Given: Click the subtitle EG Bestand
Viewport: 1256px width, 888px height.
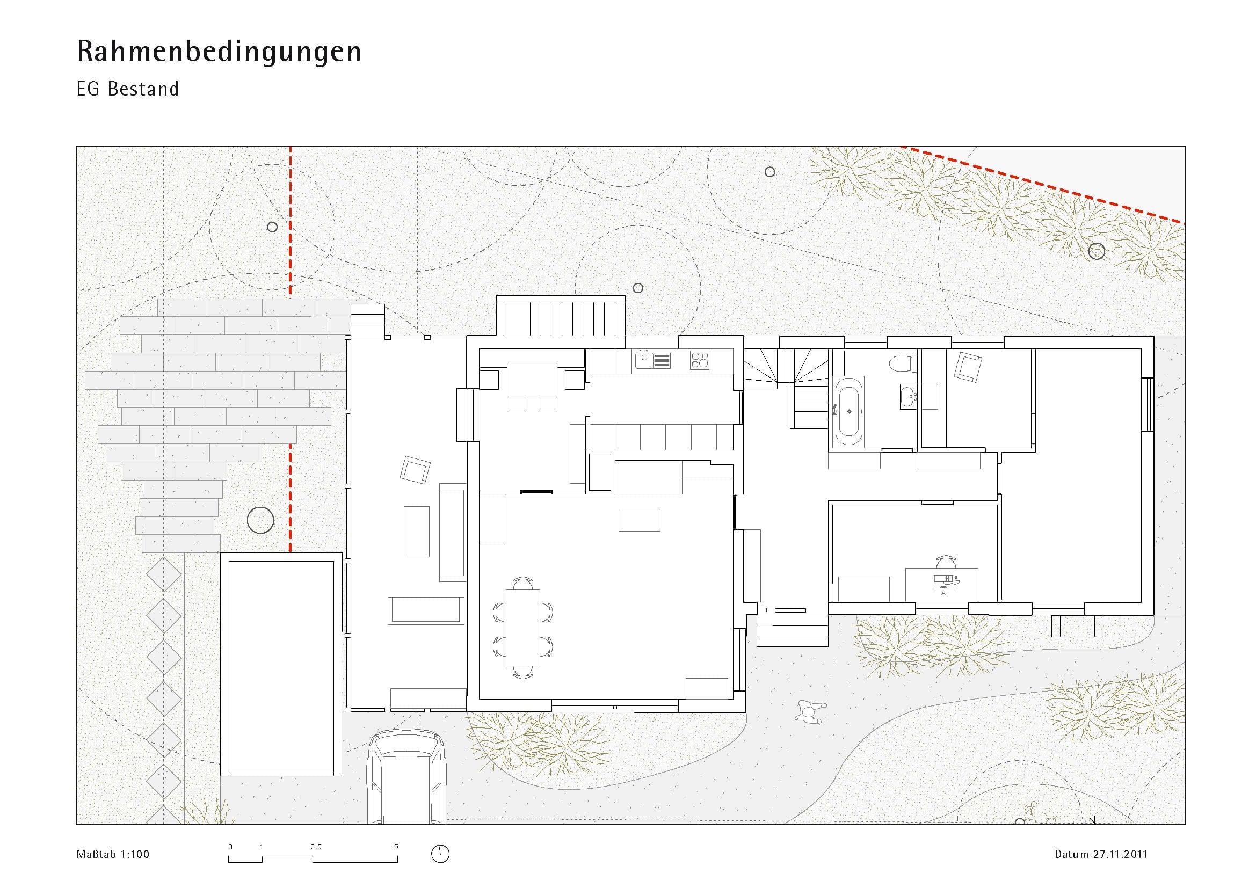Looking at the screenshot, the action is [x=127, y=89].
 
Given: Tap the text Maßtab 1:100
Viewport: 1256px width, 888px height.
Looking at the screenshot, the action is [x=113, y=854].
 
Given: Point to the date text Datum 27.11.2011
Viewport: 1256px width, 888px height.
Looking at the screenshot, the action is [x=1101, y=854].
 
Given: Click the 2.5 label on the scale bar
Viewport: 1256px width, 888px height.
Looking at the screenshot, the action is [x=316, y=847].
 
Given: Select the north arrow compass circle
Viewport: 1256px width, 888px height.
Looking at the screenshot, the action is [x=440, y=854].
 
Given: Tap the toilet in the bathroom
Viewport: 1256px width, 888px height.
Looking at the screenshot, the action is [x=902, y=363].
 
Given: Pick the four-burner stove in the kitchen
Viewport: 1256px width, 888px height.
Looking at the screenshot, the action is [x=700, y=360].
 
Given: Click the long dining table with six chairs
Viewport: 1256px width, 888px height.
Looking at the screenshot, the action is [x=523, y=628].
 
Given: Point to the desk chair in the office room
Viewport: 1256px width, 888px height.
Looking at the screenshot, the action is [x=946, y=562].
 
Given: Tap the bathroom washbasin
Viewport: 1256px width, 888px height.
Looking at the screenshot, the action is [x=909, y=395].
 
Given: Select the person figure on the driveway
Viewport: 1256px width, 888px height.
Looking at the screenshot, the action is [x=810, y=712].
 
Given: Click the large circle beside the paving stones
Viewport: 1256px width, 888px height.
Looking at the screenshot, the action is [x=260, y=520].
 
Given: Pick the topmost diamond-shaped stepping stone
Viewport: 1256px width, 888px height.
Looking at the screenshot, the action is [x=164, y=574].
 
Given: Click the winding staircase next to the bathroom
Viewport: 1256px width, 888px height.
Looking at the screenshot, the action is [x=786, y=388].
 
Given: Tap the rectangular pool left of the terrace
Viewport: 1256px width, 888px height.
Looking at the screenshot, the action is [x=281, y=664].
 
